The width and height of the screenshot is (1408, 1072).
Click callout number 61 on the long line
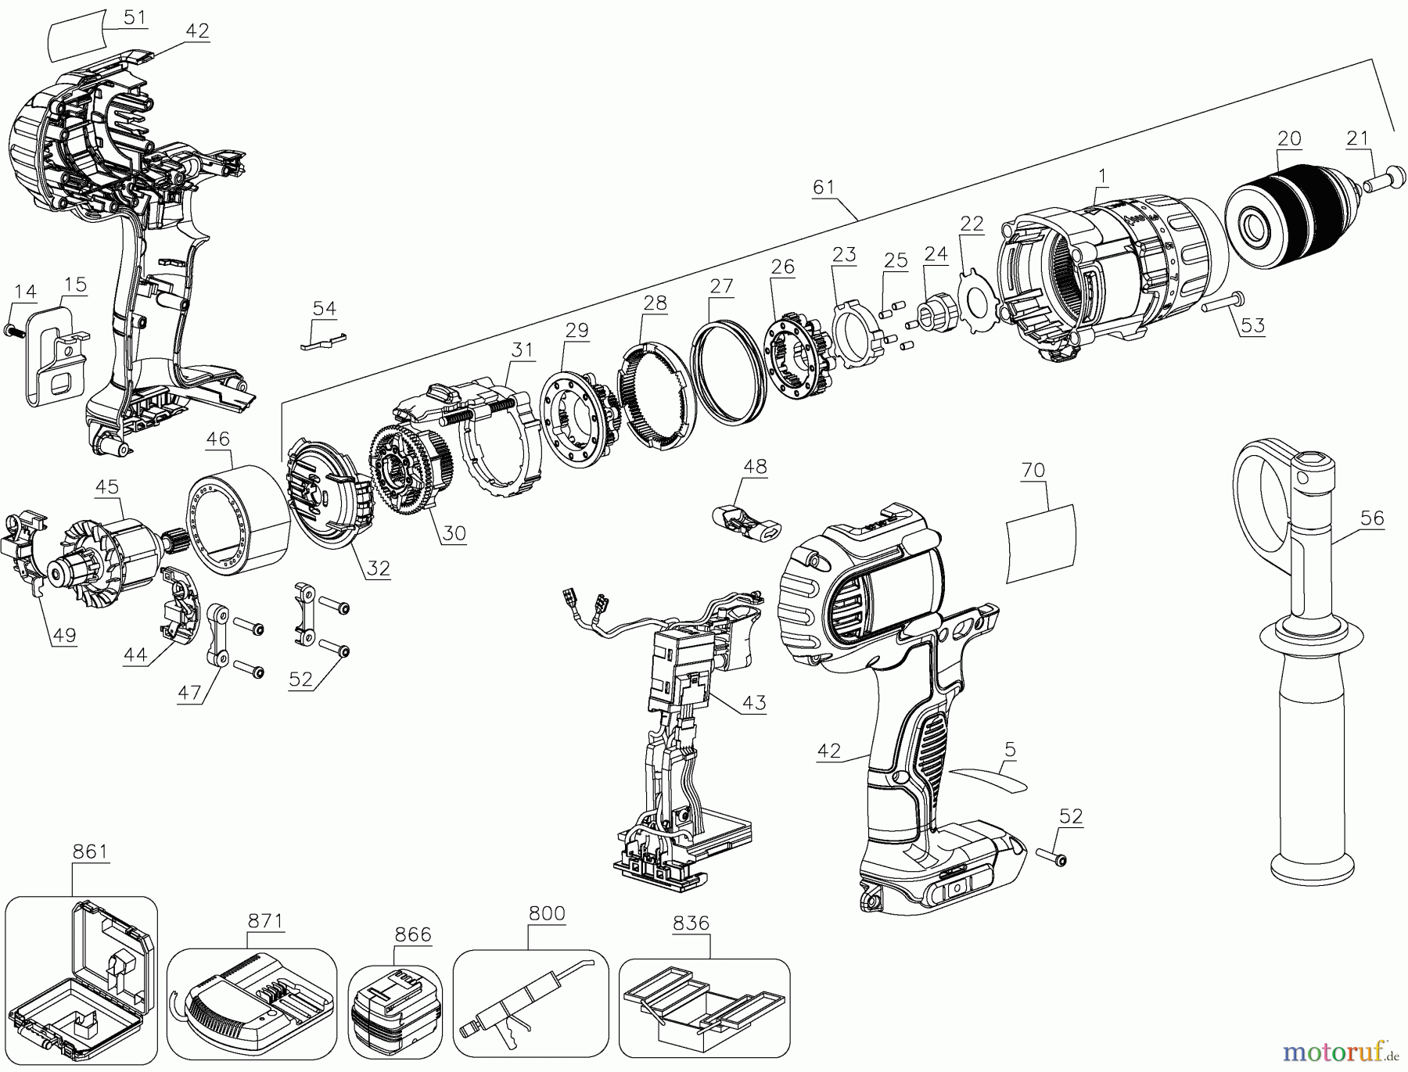coord(824,187)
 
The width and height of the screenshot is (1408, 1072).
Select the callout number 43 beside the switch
coord(753,702)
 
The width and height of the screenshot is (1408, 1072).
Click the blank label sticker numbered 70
coord(1040,543)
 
